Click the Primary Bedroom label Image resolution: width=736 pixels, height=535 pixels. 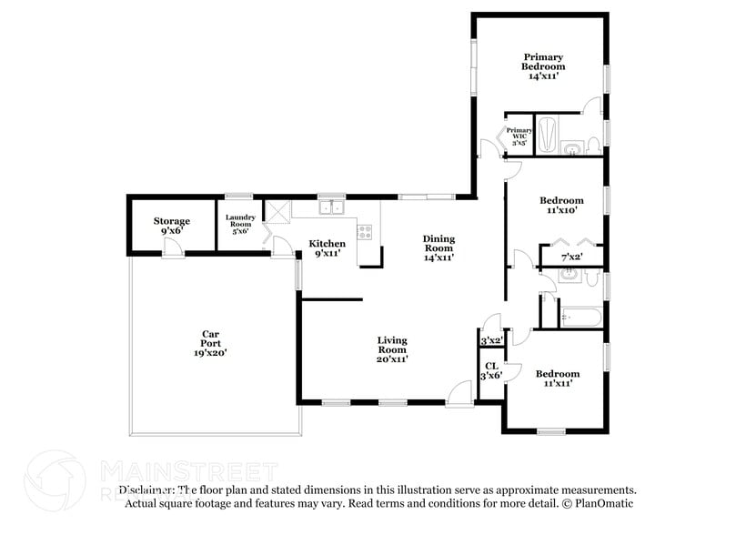click(543, 66)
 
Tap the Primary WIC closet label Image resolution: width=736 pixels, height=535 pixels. click(519, 136)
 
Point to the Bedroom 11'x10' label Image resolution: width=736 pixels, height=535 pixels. click(561, 205)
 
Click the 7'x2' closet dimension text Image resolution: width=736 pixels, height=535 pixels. click(571, 257)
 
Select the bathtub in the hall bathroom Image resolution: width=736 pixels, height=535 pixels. click(580, 318)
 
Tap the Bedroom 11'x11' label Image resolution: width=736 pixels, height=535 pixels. click(557, 379)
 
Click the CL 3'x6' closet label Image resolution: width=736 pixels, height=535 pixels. click(491, 370)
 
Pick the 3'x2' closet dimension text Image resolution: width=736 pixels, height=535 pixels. click(491, 340)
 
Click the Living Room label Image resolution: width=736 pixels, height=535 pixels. click(392, 349)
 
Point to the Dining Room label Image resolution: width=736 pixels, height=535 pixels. click(439, 248)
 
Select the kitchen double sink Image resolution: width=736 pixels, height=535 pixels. click(331, 207)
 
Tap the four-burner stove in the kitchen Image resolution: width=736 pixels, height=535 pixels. click(366, 231)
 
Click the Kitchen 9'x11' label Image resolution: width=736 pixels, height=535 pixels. click(327, 248)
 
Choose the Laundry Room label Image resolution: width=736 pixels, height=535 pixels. click(240, 222)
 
